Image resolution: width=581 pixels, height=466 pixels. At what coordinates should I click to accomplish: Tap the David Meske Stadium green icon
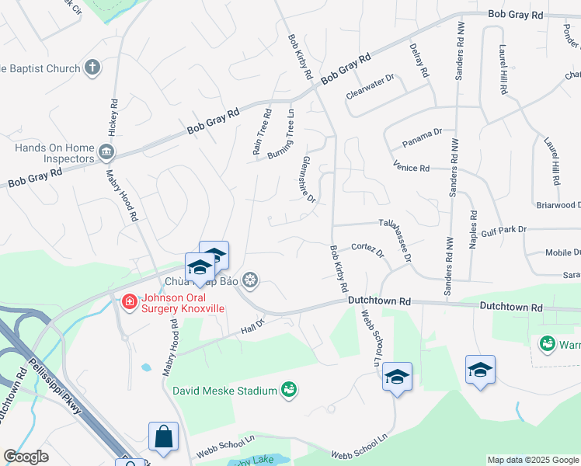[289, 388]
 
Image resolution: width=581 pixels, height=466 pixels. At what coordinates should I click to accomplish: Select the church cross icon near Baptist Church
[92, 68]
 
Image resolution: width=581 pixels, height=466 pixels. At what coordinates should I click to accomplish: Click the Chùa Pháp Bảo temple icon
[250, 280]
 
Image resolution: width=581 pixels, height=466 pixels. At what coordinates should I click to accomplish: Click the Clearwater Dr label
[371, 87]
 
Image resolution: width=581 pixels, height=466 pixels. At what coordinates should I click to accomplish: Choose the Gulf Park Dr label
[503, 230]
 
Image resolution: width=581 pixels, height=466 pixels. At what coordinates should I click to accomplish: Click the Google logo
[26, 457]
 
